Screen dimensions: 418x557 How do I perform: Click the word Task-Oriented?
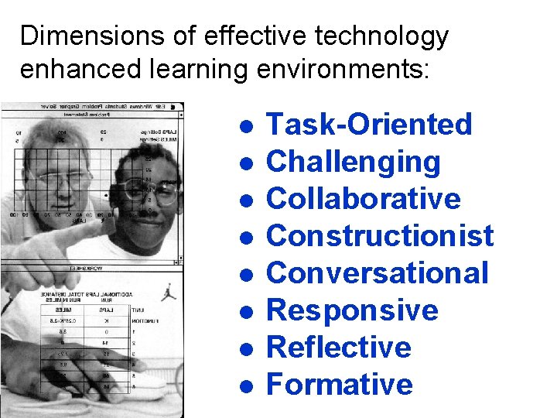click(368, 124)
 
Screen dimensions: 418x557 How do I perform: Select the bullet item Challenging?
click(353, 162)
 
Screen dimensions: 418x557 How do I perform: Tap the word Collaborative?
click(363, 199)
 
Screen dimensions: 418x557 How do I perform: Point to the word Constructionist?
click(379, 236)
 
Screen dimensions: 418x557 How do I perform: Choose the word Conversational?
click(378, 273)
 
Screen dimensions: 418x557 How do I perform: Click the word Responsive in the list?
click(352, 310)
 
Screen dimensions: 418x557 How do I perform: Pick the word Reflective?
click(338, 348)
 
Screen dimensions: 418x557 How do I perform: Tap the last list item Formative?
click(339, 385)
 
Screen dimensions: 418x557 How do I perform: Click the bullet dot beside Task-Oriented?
click(244, 126)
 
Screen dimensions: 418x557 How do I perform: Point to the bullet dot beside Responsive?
click(244, 312)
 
